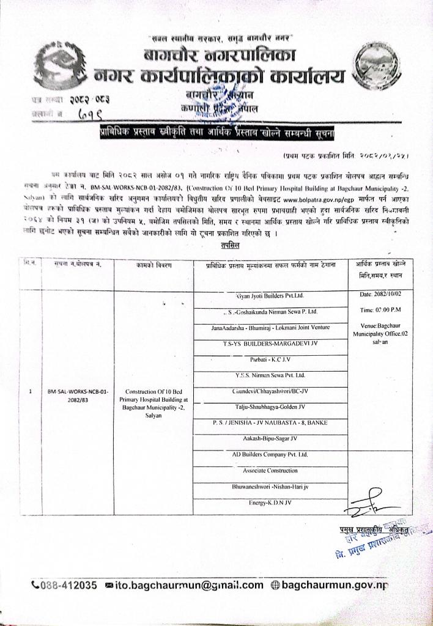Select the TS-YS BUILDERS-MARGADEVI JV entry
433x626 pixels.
[270, 344]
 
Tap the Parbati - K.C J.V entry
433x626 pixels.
[270, 359]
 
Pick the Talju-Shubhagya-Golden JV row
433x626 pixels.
[270, 407]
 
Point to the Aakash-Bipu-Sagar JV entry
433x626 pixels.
[270, 438]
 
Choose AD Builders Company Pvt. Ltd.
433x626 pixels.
[270, 454]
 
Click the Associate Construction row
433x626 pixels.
[270, 470]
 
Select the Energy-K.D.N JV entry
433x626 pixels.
[270, 502]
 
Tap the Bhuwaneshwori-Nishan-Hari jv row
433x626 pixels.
[270, 486]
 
